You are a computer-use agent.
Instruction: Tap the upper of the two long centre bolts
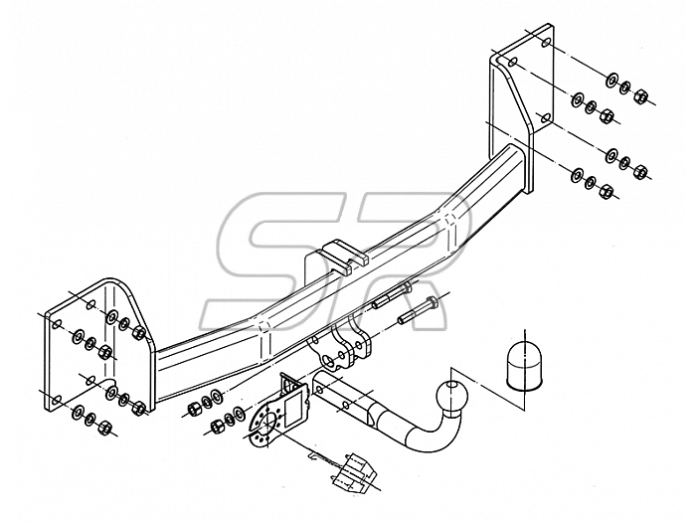tap(392, 296)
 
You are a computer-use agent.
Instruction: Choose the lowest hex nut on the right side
tap(606, 192)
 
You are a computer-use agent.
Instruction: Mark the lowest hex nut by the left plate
tap(105, 428)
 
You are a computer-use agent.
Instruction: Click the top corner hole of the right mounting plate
tap(547, 43)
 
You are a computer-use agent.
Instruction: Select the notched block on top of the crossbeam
tap(343, 256)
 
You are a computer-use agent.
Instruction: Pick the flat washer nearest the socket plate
tap(238, 413)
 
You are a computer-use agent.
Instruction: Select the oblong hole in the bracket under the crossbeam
tap(329, 359)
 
